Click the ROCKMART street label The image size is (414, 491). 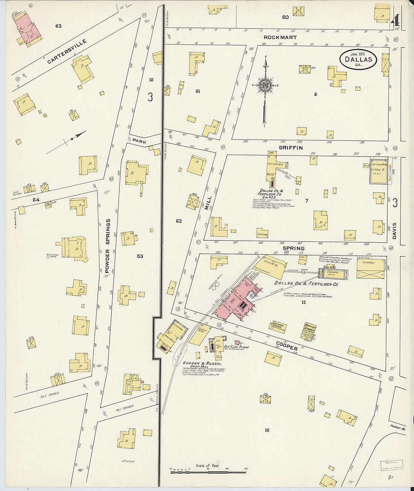pyautogui.click(x=280, y=38)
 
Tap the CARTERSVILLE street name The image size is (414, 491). pyautogui.click(x=67, y=52)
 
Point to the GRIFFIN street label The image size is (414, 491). pyautogui.click(x=291, y=148)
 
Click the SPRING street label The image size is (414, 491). pyautogui.click(x=293, y=248)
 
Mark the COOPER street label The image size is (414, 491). pyautogui.click(x=287, y=346)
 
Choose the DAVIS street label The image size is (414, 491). pyautogui.click(x=394, y=231)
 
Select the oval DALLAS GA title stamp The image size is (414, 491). pyautogui.click(x=358, y=59)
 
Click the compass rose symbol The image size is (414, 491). pyautogui.click(x=265, y=85)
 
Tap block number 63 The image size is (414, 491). pyautogui.click(x=58, y=26)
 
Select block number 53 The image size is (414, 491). pyautogui.click(x=140, y=256)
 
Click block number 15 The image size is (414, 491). pyautogui.click(x=267, y=430)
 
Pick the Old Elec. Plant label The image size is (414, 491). pyautogui.click(x=236, y=347)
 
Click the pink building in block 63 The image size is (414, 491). pyautogui.click(x=27, y=28)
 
